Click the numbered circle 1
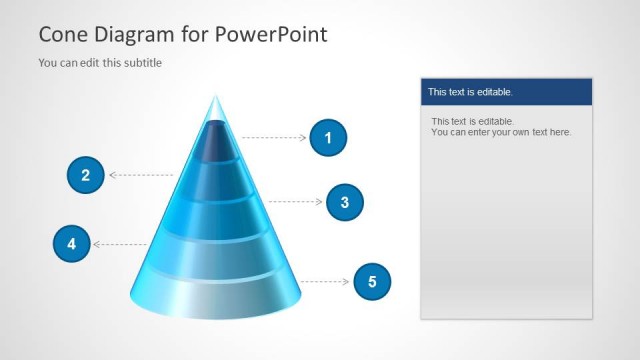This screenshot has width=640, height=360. tap(327, 138)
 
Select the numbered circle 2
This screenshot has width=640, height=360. tap(86, 176)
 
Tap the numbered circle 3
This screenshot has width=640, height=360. tap(344, 202)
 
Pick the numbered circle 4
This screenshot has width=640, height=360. tap(71, 243)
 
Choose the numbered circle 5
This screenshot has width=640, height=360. tap(372, 282)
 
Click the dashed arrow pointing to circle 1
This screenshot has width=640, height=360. tap(274, 138)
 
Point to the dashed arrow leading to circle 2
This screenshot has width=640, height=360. tap(141, 176)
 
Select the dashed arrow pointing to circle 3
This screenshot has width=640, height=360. tap(296, 202)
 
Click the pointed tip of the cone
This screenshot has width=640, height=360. tap(214, 100)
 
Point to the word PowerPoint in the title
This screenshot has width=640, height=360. tap(270, 35)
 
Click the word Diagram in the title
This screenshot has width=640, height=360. tap(131, 35)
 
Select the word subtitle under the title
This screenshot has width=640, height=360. tap(141, 63)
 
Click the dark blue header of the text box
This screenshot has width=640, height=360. tap(506, 92)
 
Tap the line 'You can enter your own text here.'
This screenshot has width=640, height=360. tap(501, 132)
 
